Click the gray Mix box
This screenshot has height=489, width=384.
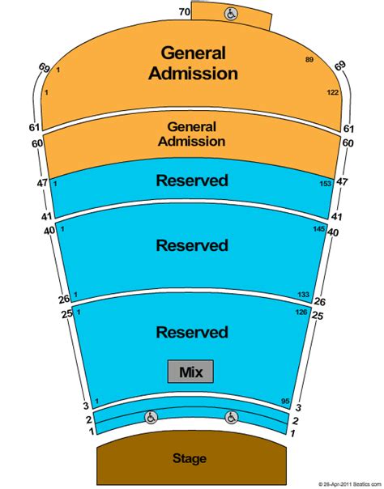(x=190, y=372)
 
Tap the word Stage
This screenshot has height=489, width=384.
(x=190, y=458)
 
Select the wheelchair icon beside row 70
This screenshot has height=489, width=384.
(x=231, y=14)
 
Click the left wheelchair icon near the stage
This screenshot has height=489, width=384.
(x=151, y=417)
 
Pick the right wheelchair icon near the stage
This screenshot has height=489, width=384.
(x=231, y=417)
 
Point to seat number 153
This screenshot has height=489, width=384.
(x=325, y=183)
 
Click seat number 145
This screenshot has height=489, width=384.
(x=319, y=229)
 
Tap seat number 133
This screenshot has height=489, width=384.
(x=304, y=295)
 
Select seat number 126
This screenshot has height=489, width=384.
(x=301, y=312)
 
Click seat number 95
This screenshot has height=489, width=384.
(x=285, y=401)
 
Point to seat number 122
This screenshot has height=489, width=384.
(x=333, y=92)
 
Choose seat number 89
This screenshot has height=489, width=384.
(x=309, y=60)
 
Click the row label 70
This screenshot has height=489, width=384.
(x=185, y=12)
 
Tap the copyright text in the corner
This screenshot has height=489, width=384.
(x=350, y=484)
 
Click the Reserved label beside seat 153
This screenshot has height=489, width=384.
(x=192, y=181)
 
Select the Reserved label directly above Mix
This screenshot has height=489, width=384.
(x=192, y=332)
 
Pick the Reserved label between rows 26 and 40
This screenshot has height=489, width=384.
(x=192, y=245)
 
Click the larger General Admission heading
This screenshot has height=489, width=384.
(x=194, y=63)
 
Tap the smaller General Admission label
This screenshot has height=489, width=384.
(x=191, y=134)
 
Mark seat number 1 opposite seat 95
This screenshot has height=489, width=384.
(x=97, y=401)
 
